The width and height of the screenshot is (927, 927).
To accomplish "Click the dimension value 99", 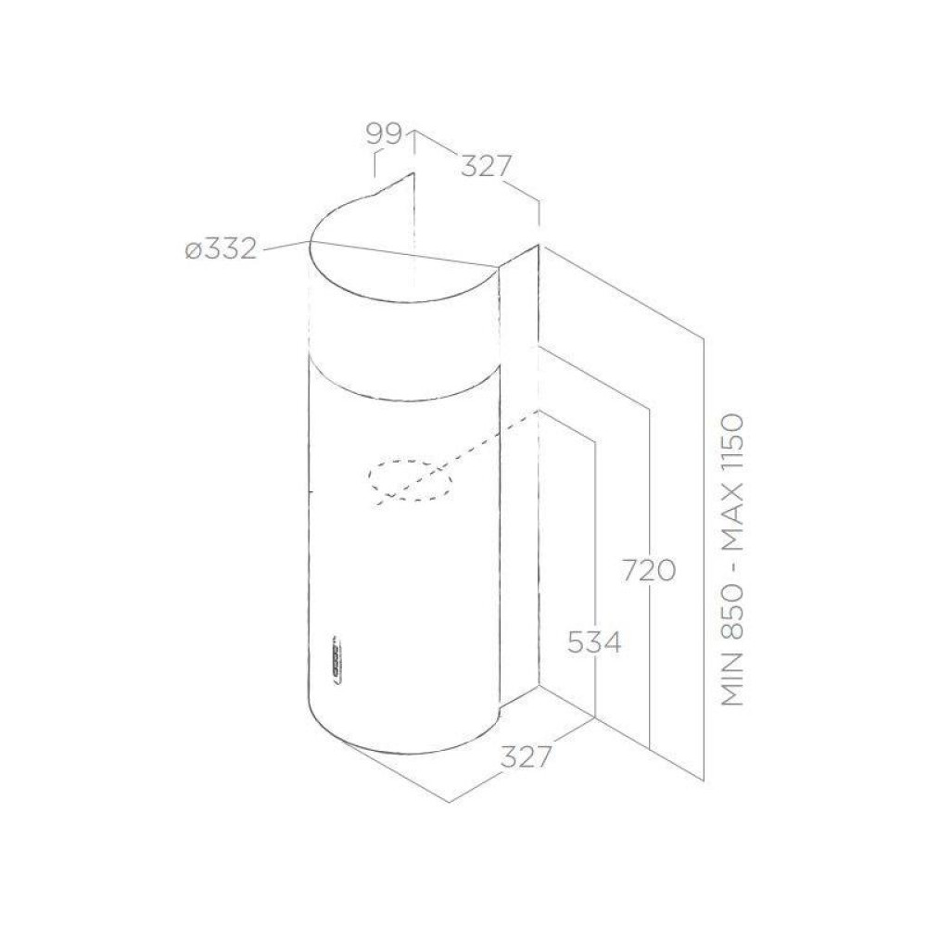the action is [385, 134].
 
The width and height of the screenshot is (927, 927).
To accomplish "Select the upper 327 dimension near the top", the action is [485, 166].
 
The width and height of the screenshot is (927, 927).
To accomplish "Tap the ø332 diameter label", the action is [222, 248].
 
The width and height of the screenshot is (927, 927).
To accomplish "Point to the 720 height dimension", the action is [649, 570].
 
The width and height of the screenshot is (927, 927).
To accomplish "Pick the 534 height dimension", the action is [594, 642].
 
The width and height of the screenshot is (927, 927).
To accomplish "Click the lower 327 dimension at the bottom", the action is [527, 756].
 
